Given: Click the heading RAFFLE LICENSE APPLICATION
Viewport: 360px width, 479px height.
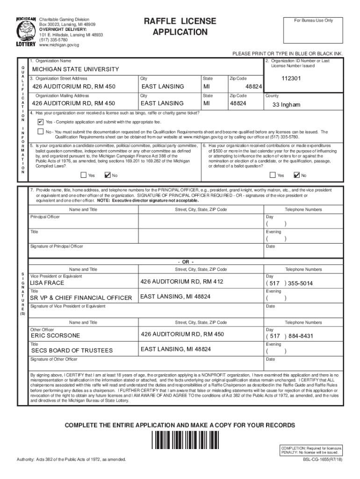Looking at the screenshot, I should pyautogui.click(x=180, y=27).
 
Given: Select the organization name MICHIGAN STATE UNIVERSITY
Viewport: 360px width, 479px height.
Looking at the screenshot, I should pyautogui.click(x=75, y=69).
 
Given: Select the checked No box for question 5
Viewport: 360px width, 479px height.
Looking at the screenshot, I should pyautogui.click(x=108, y=175).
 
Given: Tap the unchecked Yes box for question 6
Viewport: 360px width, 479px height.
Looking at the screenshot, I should pyautogui.click(x=273, y=175).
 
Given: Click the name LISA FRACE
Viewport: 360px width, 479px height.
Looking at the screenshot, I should pyautogui.click(x=47, y=283).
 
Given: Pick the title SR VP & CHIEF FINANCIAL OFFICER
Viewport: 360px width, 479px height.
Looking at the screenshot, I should pyautogui.click(x=81, y=298).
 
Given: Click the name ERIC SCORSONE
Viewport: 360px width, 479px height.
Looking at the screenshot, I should pyautogui.click(x=55, y=335).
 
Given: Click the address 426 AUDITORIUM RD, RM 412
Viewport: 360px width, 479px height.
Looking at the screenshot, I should pyautogui.click(x=182, y=282).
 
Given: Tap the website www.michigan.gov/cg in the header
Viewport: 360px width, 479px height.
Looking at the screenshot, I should pyautogui.click(x=59, y=45).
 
